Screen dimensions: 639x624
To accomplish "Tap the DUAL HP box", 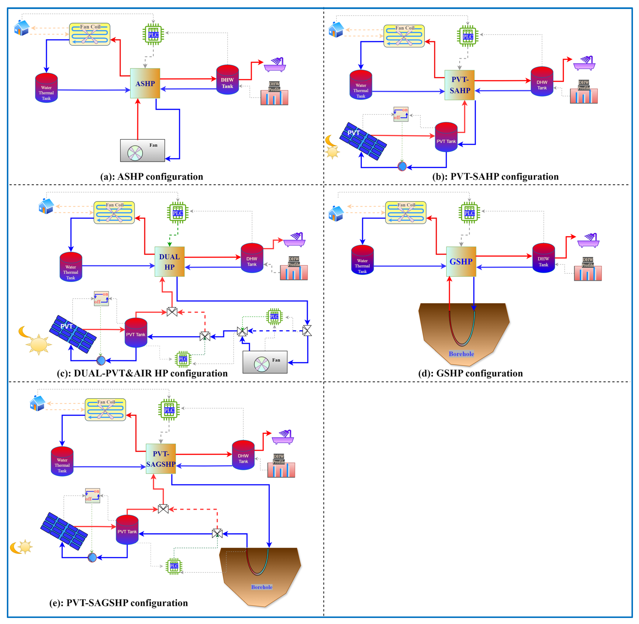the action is point(169,262).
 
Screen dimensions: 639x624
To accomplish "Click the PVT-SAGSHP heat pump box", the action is point(161,458).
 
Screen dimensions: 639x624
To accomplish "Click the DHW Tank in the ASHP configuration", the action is point(227,80).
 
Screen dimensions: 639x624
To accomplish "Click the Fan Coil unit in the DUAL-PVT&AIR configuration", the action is point(114,212).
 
